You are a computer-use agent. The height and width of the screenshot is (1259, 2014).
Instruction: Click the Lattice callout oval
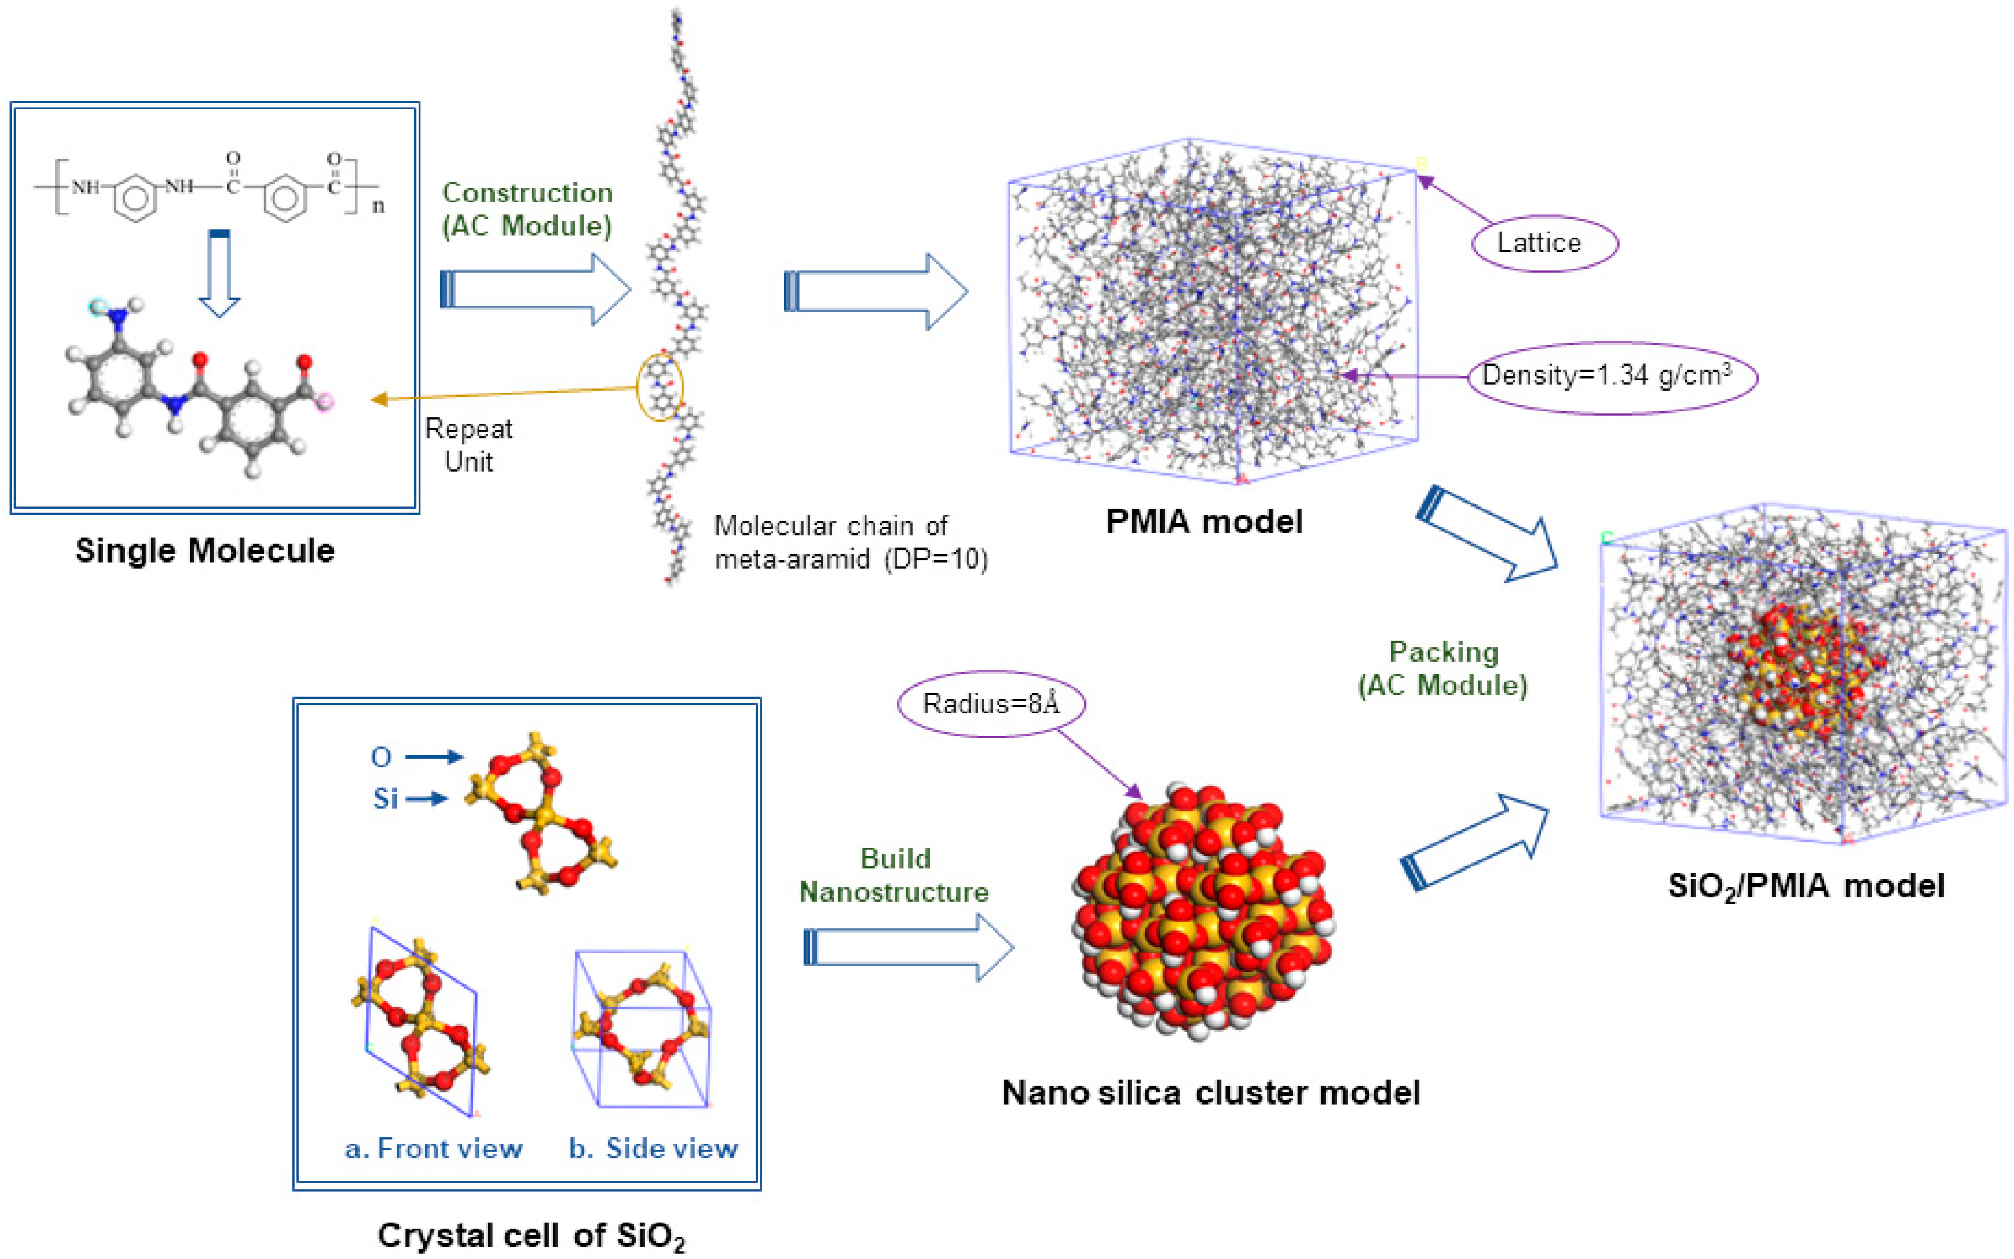click(x=1544, y=243)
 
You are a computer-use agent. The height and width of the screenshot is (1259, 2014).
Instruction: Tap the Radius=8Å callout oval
click(x=991, y=704)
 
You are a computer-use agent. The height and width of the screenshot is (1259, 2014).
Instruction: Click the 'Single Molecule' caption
click(x=205, y=551)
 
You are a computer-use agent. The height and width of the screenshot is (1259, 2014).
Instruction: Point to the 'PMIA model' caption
click(x=1204, y=522)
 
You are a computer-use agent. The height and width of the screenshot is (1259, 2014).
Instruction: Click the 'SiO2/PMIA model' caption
click(x=1805, y=886)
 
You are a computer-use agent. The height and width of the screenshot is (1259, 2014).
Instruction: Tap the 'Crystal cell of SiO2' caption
click(x=531, y=1236)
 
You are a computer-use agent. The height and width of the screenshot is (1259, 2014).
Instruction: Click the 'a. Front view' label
click(x=434, y=1148)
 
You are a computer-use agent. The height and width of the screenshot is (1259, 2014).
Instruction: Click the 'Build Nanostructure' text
click(x=894, y=875)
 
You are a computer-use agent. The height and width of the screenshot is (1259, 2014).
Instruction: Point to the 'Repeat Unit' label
click(x=469, y=445)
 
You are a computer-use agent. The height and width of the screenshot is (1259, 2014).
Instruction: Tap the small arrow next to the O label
click(x=434, y=756)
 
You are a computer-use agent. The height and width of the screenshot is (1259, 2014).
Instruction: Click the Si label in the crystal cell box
click(x=385, y=798)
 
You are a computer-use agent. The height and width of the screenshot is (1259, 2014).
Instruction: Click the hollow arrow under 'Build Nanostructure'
click(x=908, y=947)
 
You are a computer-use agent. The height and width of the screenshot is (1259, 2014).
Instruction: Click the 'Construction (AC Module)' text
click(x=527, y=209)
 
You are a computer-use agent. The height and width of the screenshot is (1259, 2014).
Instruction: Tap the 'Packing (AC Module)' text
click(x=1443, y=668)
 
